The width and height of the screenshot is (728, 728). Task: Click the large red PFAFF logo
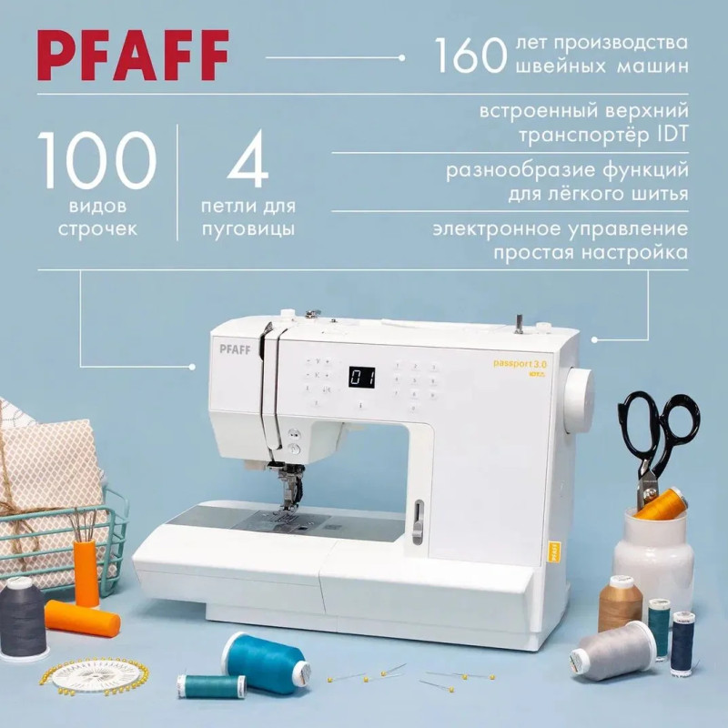tap(133, 56)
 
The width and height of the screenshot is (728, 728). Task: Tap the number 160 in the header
tap(470, 56)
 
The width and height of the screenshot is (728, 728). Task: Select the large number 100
tap(96, 160)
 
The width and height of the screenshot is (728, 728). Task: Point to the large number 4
tap(248, 159)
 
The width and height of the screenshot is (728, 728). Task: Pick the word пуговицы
tap(248, 229)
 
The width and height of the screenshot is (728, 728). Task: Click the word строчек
tap(97, 229)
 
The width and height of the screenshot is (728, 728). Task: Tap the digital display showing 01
tap(361, 377)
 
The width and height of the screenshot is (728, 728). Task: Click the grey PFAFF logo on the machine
tap(235, 349)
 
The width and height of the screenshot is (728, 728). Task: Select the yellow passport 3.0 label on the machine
tap(520, 363)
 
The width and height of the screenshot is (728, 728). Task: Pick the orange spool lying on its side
tap(83, 619)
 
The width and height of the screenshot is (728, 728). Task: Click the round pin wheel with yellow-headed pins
tap(94, 676)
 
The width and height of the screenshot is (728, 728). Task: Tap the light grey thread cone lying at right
tap(612, 650)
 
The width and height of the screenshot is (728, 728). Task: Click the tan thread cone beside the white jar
tap(620, 603)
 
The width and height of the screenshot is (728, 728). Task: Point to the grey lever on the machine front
tap(419, 521)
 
